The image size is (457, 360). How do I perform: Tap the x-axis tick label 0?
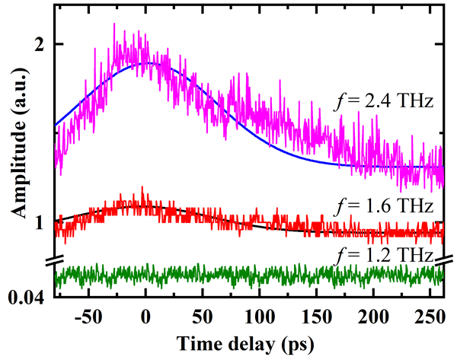tap(145, 315)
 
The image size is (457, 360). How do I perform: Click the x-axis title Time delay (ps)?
tap(253, 342)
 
